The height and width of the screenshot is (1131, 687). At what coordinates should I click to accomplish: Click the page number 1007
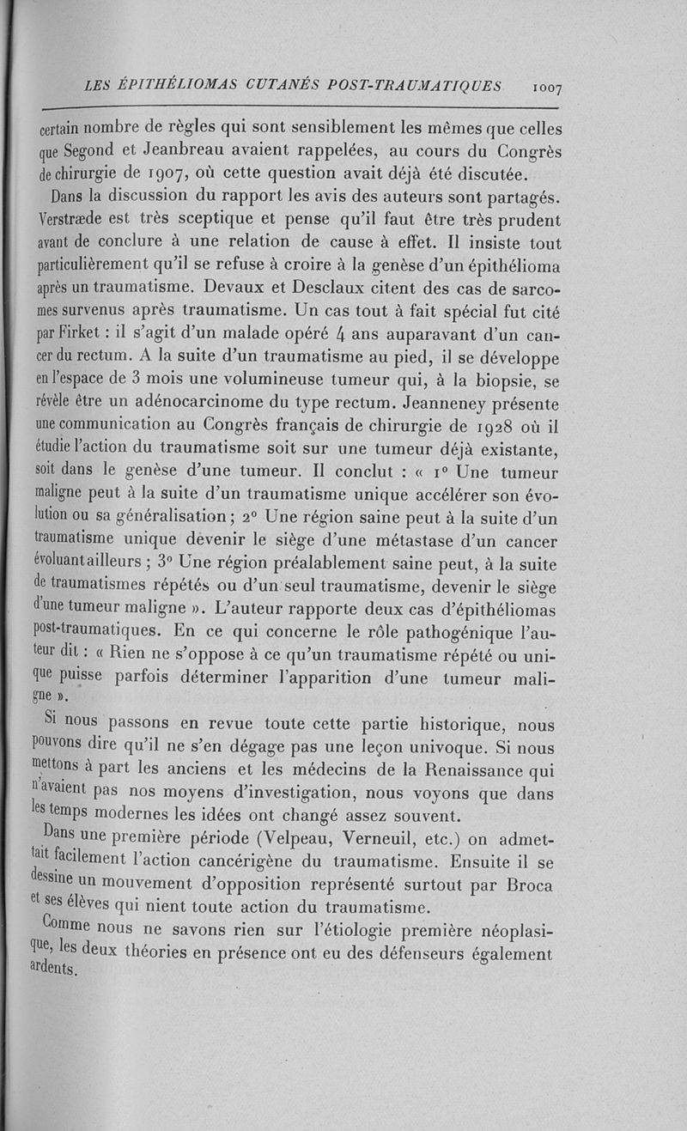pos(546,87)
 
